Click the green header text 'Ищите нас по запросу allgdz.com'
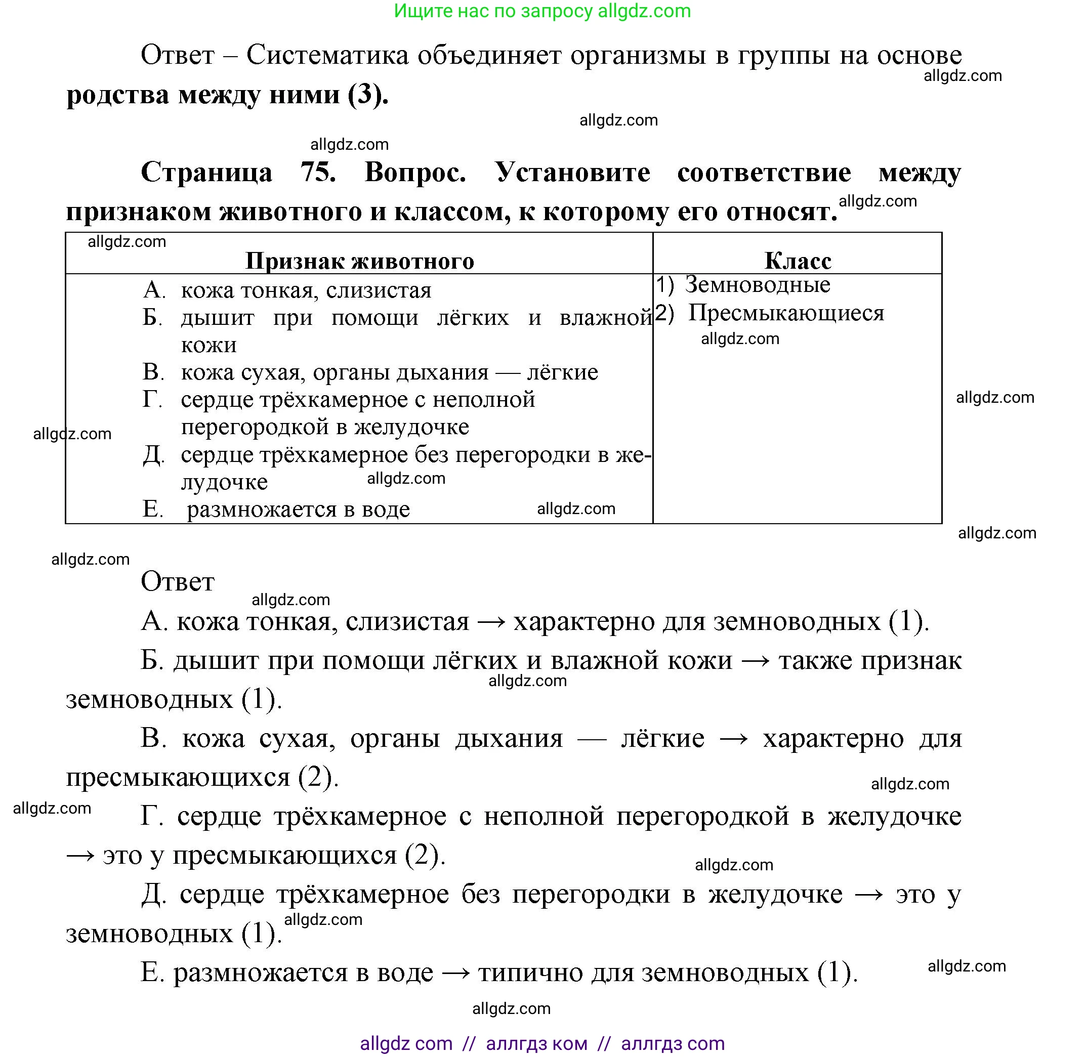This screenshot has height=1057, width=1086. click(x=542, y=11)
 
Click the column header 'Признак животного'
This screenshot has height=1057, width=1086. click(x=359, y=261)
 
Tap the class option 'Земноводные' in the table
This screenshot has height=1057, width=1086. click(x=757, y=285)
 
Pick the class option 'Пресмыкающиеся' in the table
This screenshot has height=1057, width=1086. click(x=785, y=313)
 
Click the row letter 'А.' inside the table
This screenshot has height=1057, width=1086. click(x=154, y=290)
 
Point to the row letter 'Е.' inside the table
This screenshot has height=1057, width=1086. click(x=153, y=509)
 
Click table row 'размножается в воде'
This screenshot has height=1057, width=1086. click(x=298, y=509)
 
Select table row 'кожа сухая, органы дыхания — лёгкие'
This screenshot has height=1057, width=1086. click(x=389, y=372)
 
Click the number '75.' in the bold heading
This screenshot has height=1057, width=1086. click(x=318, y=172)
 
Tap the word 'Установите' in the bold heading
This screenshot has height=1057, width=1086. click(x=572, y=172)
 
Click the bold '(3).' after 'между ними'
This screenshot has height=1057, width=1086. click(x=367, y=95)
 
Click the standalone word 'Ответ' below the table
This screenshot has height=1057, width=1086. click(x=177, y=582)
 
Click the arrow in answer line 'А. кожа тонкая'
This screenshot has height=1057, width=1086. click(x=491, y=622)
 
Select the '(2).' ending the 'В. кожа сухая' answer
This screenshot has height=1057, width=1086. click(x=318, y=777)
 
